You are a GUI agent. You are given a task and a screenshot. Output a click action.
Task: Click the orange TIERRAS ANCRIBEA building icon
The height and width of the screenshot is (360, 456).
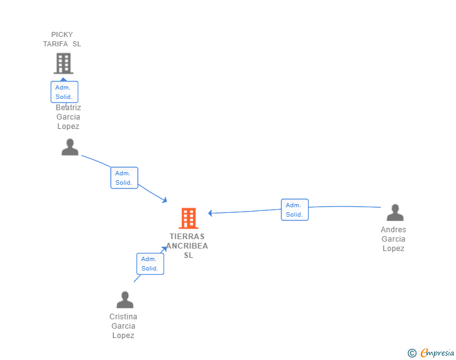(189, 219)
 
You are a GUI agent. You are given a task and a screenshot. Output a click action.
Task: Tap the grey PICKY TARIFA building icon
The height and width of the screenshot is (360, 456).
(63, 63)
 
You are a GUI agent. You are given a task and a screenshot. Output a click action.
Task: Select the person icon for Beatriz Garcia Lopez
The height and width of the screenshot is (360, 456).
(70, 147)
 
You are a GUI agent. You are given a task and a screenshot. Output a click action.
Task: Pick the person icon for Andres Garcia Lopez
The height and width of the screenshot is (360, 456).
(395, 213)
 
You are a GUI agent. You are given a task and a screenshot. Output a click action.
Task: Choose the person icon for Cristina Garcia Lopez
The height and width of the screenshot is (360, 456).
(125, 300)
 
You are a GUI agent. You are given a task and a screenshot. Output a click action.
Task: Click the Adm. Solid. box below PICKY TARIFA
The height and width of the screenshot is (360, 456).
(64, 92)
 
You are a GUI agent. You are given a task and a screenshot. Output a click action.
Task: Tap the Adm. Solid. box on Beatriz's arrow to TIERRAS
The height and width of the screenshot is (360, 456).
(124, 178)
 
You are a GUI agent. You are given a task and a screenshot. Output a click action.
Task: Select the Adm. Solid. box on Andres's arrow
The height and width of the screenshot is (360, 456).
(294, 210)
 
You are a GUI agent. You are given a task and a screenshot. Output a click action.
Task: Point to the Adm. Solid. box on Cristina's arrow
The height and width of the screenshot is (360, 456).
(150, 264)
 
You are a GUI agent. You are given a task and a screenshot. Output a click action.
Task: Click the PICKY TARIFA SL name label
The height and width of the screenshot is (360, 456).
(62, 39)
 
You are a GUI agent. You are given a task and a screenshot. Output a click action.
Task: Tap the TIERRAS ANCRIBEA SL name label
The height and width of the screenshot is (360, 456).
(187, 246)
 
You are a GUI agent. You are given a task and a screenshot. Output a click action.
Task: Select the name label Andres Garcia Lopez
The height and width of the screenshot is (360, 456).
(393, 239)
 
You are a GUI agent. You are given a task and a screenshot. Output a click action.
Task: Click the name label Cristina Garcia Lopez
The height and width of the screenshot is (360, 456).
(123, 326)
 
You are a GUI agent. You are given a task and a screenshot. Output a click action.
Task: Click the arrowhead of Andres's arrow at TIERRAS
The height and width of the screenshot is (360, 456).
(210, 213)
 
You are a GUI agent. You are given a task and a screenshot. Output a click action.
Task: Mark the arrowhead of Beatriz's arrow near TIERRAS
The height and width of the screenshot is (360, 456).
(165, 200)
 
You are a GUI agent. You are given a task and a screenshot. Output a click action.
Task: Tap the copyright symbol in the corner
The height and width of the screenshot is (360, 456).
(412, 353)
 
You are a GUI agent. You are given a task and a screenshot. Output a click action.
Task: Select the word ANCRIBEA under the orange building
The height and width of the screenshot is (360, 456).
(187, 246)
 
